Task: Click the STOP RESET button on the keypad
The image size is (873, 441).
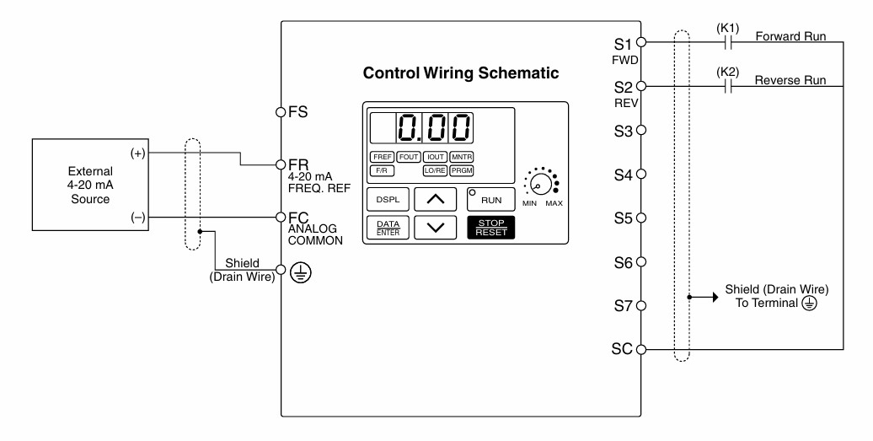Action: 491,228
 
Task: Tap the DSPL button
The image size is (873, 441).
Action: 388,199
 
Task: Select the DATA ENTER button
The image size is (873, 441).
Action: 388,228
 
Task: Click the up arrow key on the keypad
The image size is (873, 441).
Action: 436,199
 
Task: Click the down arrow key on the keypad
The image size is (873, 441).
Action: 436,228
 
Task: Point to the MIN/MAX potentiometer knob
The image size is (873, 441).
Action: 540,183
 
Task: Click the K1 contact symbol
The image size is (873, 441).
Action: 728,42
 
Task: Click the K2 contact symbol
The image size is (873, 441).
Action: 728,86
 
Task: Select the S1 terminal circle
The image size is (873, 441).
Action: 640,42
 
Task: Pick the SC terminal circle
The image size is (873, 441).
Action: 640,350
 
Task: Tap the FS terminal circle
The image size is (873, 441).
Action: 281,112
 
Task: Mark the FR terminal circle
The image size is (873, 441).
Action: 281,164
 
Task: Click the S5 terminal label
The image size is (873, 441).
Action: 624,218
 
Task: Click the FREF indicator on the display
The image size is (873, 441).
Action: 383,157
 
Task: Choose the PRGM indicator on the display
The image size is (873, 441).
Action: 462,171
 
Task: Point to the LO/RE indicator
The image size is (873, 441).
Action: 435,171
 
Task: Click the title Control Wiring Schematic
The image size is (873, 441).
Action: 461,73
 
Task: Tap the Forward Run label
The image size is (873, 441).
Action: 790,36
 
